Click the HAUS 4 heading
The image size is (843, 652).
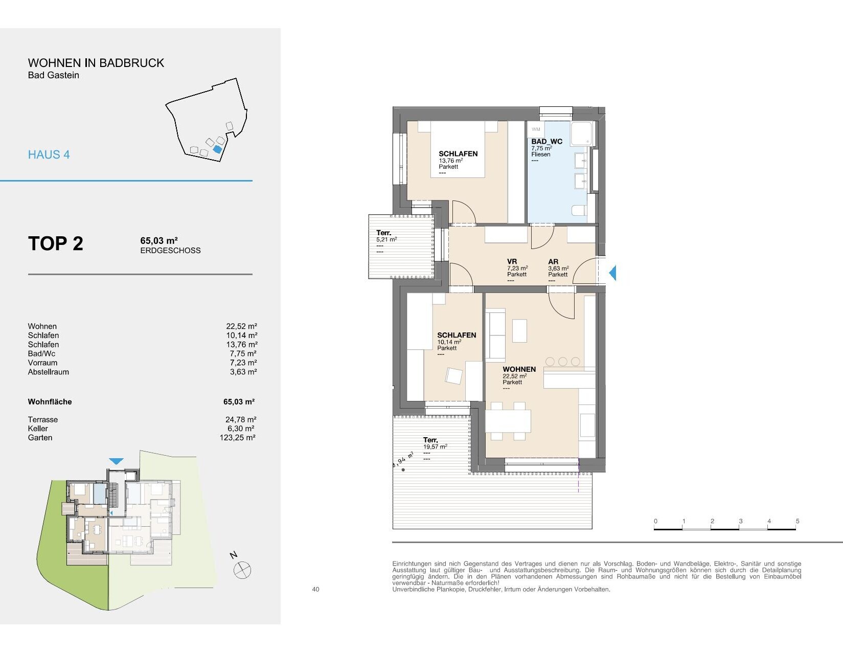tap(49, 155)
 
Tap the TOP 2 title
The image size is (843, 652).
tap(56, 243)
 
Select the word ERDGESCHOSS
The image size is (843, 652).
tap(170, 251)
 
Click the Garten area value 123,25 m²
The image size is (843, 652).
tap(237, 438)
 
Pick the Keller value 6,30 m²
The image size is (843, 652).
tap(241, 429)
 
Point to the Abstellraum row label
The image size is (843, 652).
tap(49, 372)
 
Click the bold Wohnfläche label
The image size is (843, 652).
tap(50, 402)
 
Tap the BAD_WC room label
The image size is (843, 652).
tap(546, 142)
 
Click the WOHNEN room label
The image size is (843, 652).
tap(519, 369)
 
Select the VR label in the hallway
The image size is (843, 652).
tap(512, 262)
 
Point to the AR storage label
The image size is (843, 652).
tap(553, 262)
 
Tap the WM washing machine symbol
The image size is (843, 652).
tap(536, 129)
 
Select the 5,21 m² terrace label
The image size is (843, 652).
tap(386, 240)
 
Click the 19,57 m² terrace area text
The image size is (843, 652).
tap(435, 447)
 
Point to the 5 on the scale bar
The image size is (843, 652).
tap(798, 521)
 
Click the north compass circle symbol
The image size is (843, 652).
tap(242, 571)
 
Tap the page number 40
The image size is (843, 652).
tap(315, 590)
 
